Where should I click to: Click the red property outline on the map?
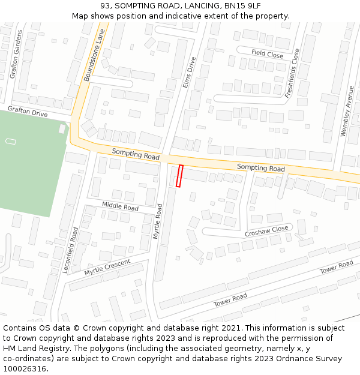click(179, 176)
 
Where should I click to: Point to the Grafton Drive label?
click(27, 112)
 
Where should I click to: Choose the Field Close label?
click(267, 55)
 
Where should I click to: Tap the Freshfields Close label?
click(292, 73)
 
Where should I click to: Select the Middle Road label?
click(120, 207)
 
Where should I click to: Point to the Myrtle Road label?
click(158, 221)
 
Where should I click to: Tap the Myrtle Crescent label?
click(107, 268)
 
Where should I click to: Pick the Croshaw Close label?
click(266, 231)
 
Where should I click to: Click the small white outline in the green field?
click(11, 141)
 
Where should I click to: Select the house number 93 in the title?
click(106, 6)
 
